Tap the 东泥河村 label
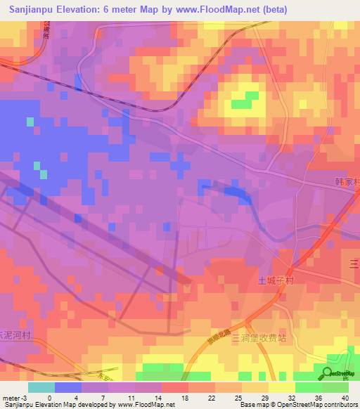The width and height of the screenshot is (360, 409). [15, 335]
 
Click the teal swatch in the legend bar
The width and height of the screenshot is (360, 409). [41, 387]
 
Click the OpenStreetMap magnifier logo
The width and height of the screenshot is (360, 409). [329, 374]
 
